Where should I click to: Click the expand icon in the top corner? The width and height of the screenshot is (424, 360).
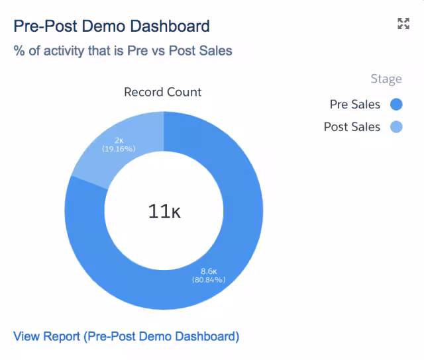click(x=403, y=24)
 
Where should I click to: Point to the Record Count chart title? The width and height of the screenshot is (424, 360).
click(x=162, y=92)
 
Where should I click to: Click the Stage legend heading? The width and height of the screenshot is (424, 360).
click(x=386, y=79)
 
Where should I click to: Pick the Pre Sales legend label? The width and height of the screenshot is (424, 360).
click(x=355, y=105)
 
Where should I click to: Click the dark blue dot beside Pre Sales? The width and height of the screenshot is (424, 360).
click(x=396, y=105)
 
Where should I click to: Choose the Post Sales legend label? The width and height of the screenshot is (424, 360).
click(x=352, y=127)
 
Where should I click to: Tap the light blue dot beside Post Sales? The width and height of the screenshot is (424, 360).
click(x=396, y=127)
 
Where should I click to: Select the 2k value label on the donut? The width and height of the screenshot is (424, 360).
click(x=119, y=140)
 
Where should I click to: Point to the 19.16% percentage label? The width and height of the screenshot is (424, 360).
click(x=119, y=149)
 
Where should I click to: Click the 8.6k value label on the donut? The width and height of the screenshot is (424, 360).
click(x=209, y=271)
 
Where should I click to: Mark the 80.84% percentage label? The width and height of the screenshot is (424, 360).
click(x=209, y=280)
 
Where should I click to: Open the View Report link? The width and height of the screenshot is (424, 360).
click(x=126, y=336)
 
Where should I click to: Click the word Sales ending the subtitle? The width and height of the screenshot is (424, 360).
click(x=216, y=50)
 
